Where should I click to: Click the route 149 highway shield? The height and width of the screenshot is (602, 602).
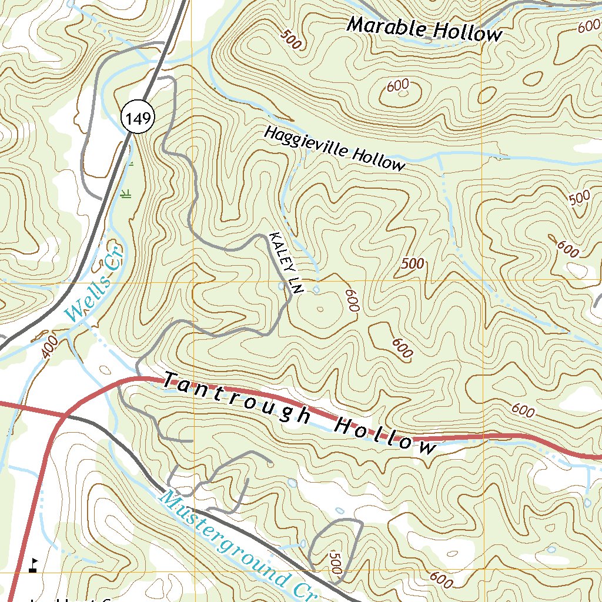tap(139, 118)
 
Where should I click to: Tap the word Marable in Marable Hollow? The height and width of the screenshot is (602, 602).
tap(384, 27)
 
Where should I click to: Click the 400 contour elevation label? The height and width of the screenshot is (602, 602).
tap(51, 347)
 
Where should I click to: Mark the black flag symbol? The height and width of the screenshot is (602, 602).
tap(33, 565)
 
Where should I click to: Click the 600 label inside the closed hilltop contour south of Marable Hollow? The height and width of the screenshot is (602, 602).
tap(398, 86)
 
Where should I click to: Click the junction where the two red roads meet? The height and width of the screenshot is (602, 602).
tap(64, 416)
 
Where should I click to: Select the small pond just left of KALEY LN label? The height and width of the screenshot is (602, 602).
tap(279, 286)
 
